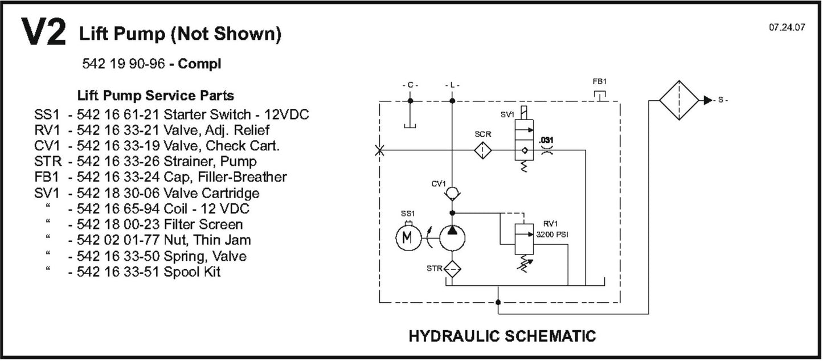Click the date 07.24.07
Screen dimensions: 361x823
click(787, 27)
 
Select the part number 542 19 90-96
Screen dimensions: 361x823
click(124, 64)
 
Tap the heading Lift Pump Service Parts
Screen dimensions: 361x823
click(155, 95)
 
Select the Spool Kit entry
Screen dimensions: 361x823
click(192, 272)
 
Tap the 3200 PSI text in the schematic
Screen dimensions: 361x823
click(550, 233)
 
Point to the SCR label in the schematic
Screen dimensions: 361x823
click(482, 136)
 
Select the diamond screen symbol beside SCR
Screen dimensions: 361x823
click(483, 150)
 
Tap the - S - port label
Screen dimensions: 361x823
click(722, 100)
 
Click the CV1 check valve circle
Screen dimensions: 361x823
click(452, 194)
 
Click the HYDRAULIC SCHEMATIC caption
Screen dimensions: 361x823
click(502, 336)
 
